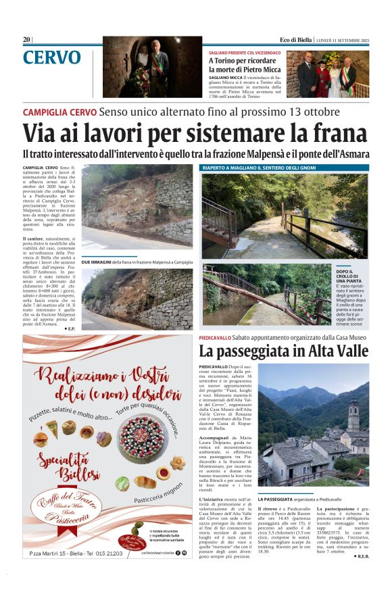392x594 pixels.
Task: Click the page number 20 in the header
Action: click(26, 39)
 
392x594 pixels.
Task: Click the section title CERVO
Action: click(51, 58)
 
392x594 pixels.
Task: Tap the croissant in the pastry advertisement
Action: click(163, 481)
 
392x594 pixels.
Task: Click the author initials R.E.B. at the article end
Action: click(361, 556)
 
